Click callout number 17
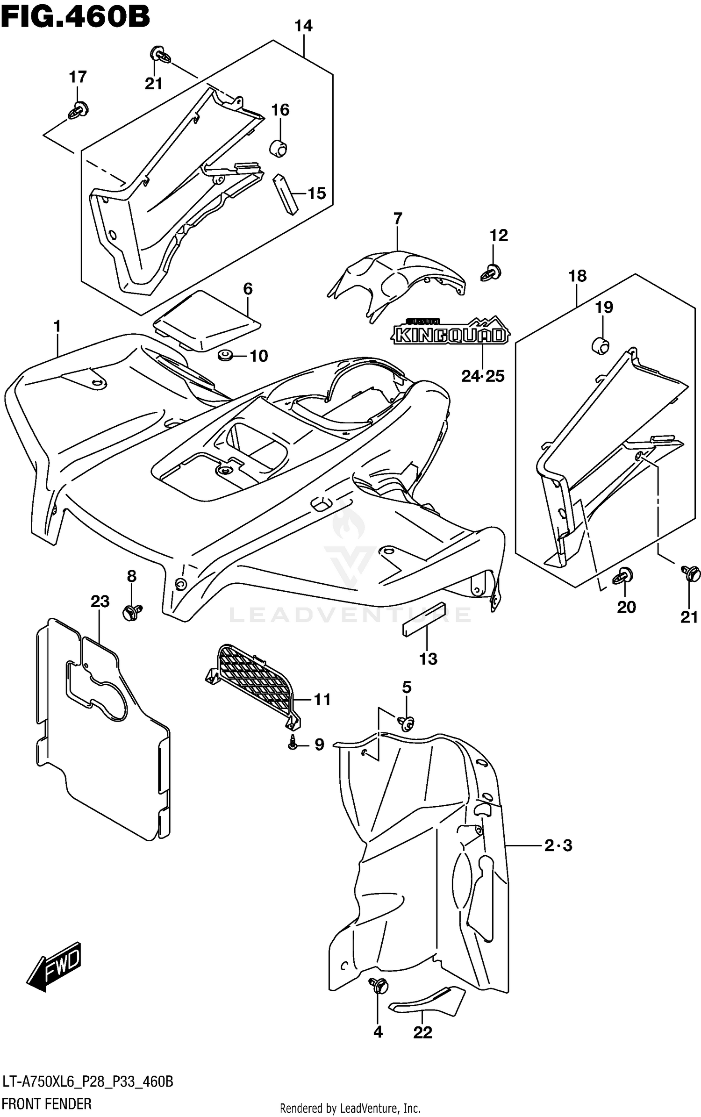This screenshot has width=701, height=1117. click(x=78, y=77)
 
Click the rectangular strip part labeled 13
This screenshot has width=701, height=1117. click(x=424, y=619)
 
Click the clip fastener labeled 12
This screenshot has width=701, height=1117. click(x=490, y=272)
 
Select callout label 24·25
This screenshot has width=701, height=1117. click(x=483, y=376)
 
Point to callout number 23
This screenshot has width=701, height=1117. click(x=100, y=601)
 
